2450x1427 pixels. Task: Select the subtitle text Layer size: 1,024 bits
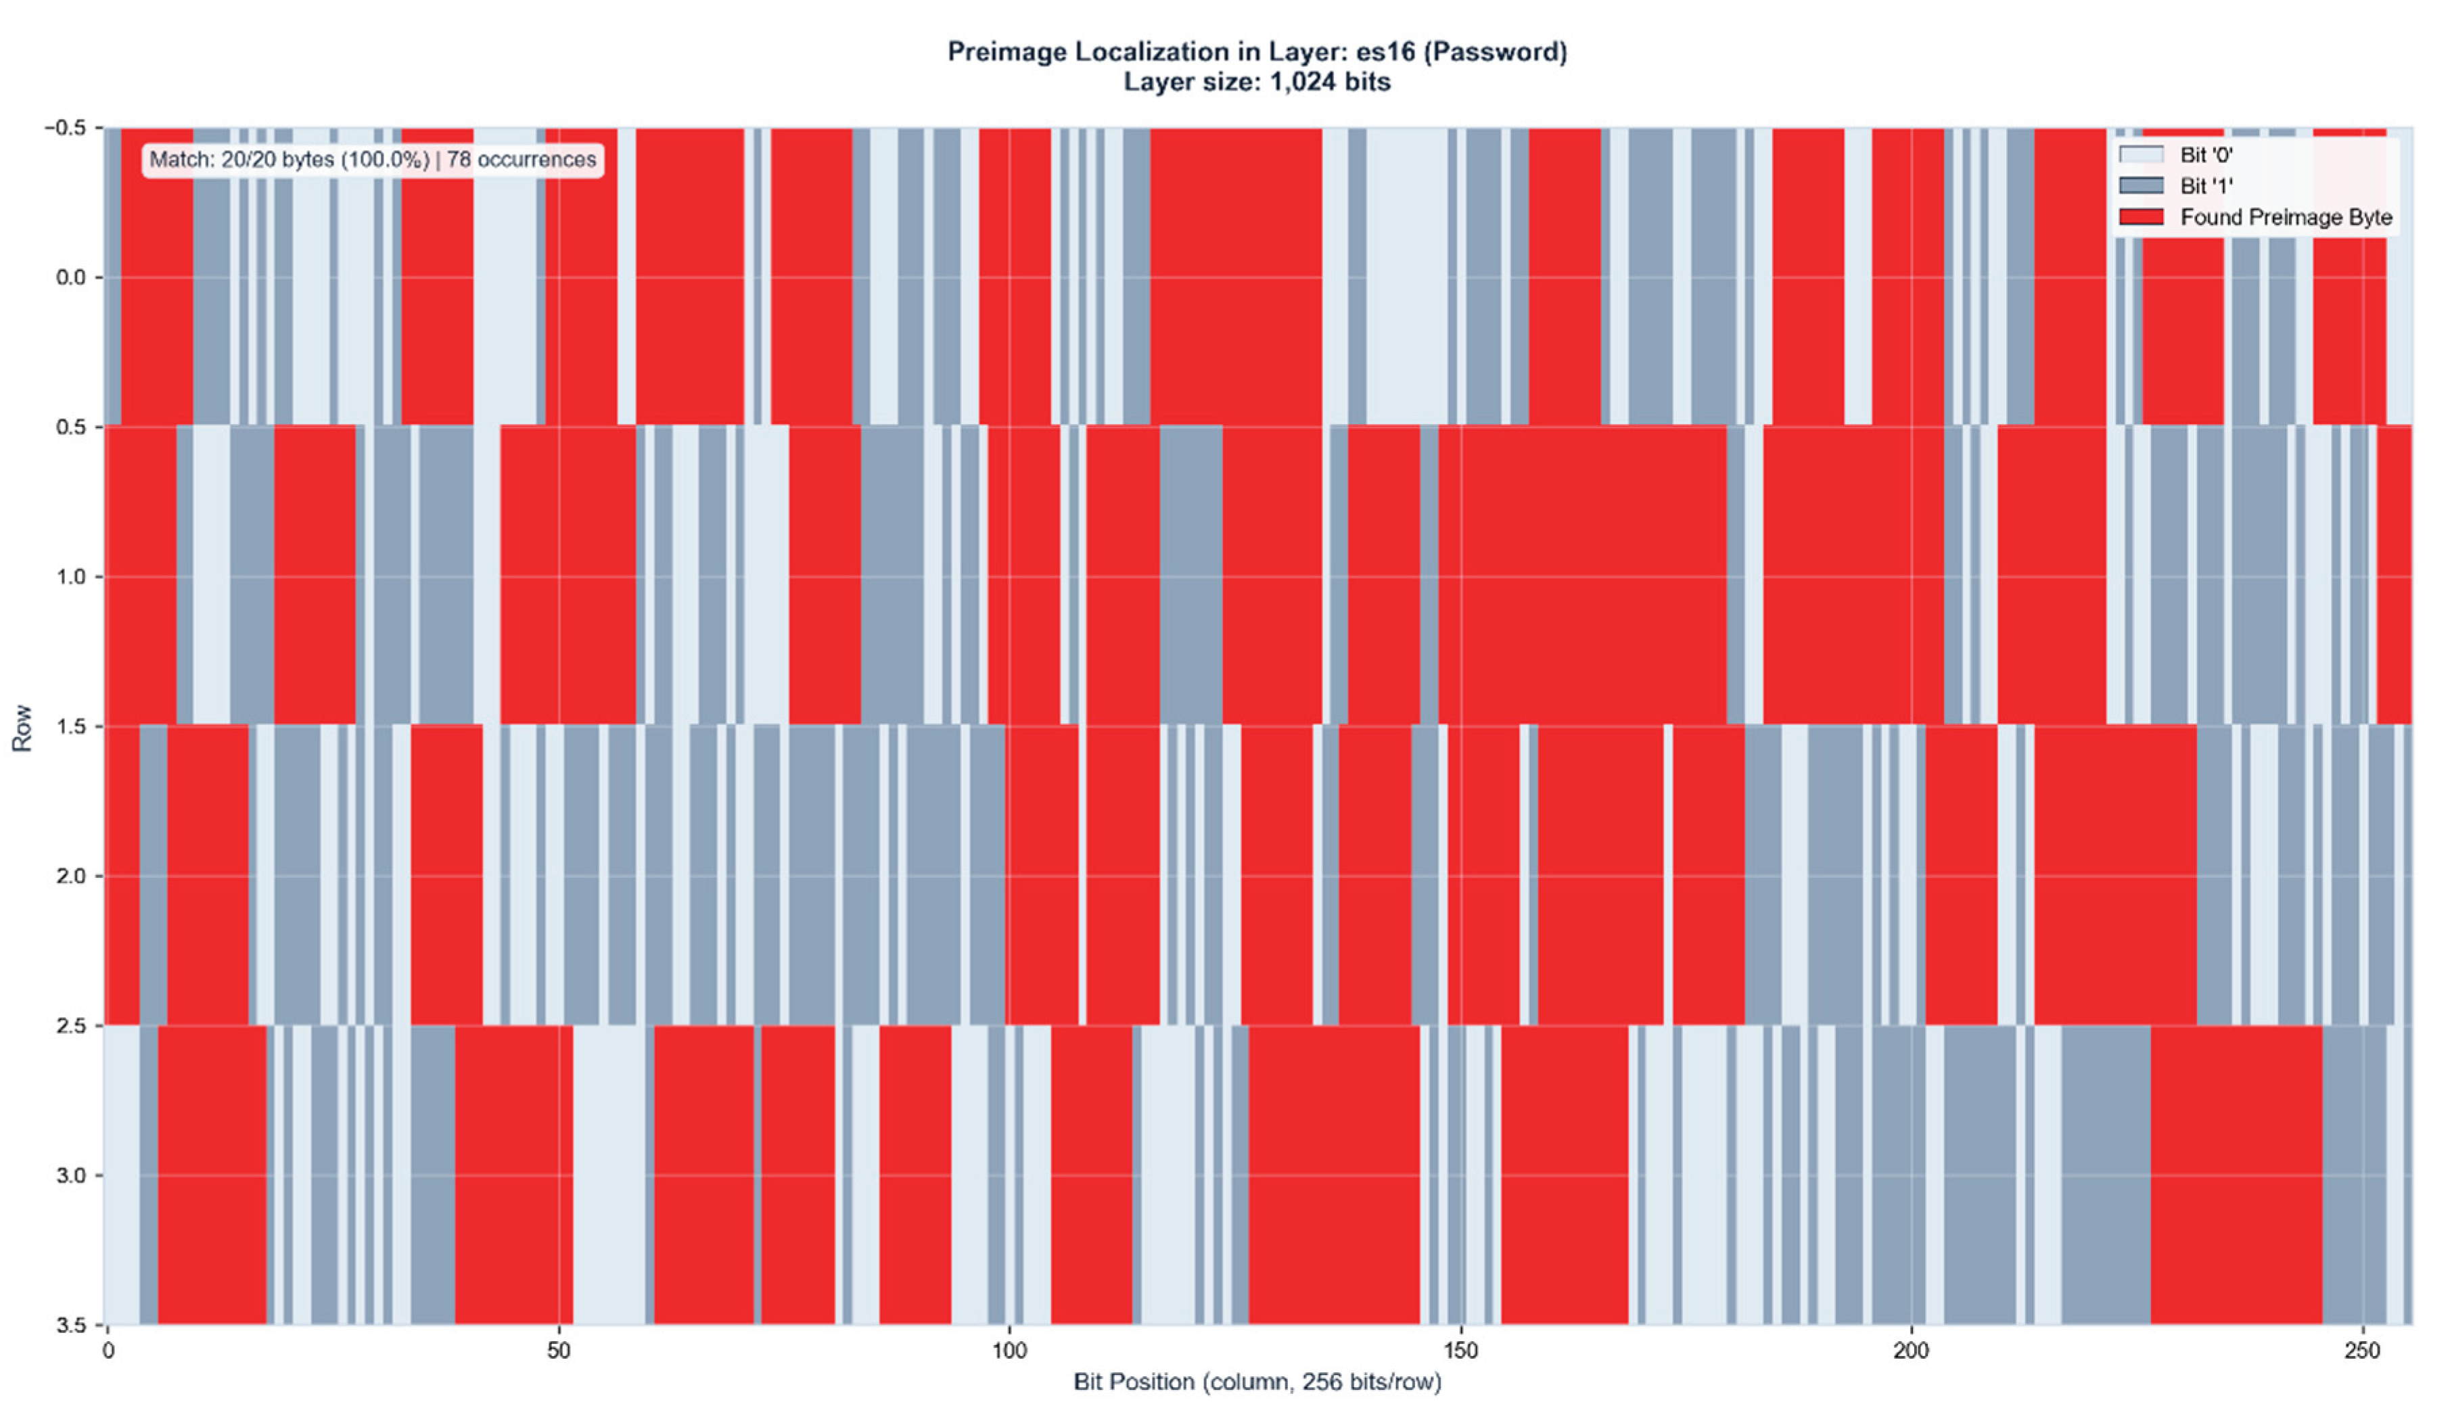click(x=1256, y=82)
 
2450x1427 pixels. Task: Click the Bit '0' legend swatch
click(x=2141, y=155)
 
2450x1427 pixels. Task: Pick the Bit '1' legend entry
click(x=2205, y=186)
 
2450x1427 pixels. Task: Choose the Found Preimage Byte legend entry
click(x=2285, y=217)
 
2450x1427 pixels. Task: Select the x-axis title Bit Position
click(x=1132, y=1381)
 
